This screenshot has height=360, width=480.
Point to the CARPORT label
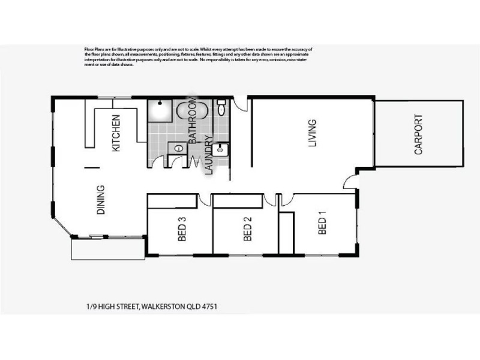click(x=419, y=135)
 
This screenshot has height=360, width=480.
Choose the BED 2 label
click(x=247, y=229)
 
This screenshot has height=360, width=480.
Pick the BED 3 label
click(x=181, y=229)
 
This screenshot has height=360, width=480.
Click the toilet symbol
click(x=221, y=109)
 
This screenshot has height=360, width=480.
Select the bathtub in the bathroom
click(x=192, y=110)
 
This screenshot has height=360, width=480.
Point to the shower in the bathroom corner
click(x=160, y=110)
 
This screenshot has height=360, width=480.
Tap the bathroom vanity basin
click(x=177, y=147)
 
